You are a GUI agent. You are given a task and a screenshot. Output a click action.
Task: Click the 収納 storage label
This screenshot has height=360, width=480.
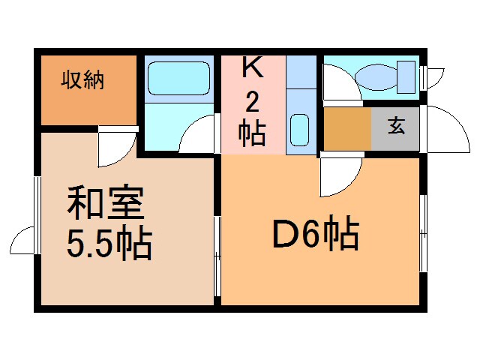(x=82, y=78)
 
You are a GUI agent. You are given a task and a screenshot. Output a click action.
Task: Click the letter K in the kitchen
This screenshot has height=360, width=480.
(x=252, y=68)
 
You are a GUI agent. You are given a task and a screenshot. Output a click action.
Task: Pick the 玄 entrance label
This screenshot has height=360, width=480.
(x=396, y=126)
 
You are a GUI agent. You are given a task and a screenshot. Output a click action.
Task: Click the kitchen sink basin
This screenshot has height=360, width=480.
(x=300, y=130)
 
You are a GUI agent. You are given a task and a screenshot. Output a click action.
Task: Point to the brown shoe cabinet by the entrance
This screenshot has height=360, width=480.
(x=347, y=129)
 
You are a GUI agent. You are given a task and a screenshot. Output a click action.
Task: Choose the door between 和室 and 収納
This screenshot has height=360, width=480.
(x=118, y=146)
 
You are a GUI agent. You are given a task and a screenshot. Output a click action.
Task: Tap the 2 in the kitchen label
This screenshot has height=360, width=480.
(x=253, y=101)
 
